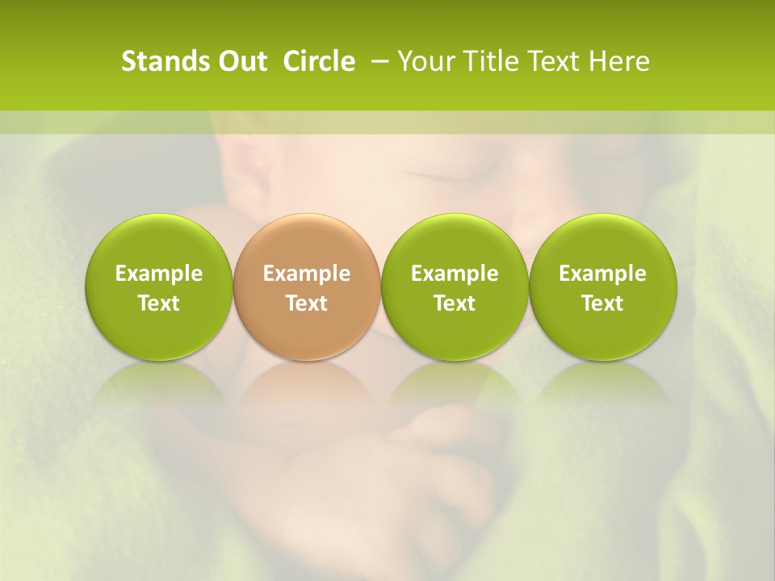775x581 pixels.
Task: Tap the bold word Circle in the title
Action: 319,61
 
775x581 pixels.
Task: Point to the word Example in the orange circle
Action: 307,274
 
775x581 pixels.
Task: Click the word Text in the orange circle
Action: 307,303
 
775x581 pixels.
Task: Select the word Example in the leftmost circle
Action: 159,274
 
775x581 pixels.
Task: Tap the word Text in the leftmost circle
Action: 159,303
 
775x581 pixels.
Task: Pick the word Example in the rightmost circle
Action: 603,274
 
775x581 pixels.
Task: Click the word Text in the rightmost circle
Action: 603,303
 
